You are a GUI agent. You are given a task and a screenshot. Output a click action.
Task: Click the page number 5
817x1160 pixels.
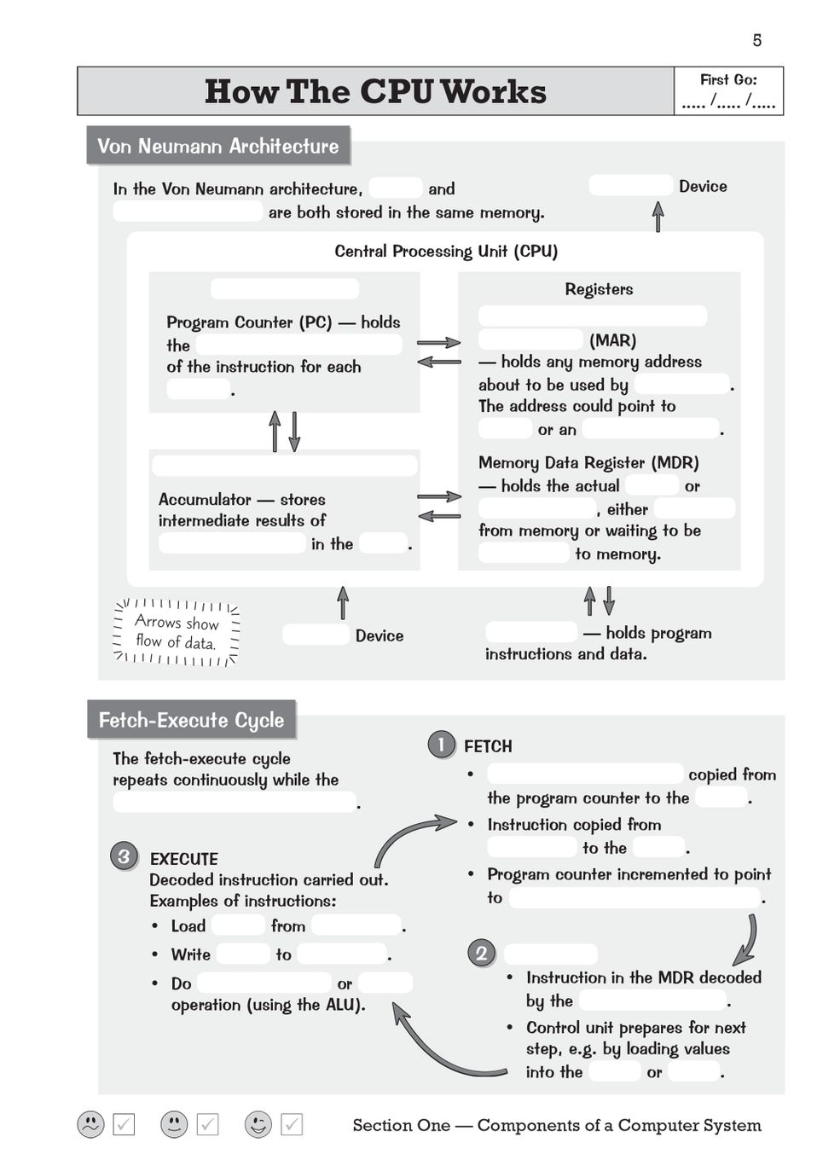(x=756, y=40)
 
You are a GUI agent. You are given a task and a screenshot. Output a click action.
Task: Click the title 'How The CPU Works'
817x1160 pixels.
(x=375, y=91)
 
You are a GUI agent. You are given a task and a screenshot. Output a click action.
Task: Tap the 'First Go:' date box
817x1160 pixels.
(x=728, y=91)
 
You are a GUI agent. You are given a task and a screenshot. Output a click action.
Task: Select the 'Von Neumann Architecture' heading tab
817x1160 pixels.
(x=217, y=146)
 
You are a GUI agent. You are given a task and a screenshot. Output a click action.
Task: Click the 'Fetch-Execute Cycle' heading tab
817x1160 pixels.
(x=191, y=720)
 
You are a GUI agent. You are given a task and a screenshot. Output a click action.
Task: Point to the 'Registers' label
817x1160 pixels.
(x=599, y=289)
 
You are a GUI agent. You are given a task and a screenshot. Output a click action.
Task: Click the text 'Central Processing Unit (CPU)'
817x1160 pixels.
(x=446, y=252)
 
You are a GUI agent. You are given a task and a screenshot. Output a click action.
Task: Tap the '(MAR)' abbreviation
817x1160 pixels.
(x=612, y=340)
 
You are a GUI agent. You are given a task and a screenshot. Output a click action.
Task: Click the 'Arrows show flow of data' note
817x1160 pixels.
(x=177, y=632)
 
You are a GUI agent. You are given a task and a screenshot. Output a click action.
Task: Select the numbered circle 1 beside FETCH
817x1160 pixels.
(x=441, y=745)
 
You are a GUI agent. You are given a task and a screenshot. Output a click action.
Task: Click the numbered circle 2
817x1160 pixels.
(x=481, y=953)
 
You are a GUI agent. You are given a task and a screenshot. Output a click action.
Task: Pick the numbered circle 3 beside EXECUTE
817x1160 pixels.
(x=124, y=855)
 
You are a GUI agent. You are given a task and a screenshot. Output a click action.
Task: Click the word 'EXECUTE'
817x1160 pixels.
(x=183, y=859)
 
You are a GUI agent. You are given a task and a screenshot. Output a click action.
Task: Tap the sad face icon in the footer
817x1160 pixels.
(x=90, y=1124)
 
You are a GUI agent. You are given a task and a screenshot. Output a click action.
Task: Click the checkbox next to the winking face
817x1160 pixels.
(x=292, y=1124)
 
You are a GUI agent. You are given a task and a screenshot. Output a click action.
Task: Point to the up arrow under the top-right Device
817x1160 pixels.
(x=658, y=216)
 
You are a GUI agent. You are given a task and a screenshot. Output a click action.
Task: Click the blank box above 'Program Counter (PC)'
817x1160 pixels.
(x=284, y=288)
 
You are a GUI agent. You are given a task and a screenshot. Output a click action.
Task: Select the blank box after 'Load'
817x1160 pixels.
(x=238, y=925)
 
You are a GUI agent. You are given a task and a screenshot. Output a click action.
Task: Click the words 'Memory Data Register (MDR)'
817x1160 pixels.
(x=588, y=462)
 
